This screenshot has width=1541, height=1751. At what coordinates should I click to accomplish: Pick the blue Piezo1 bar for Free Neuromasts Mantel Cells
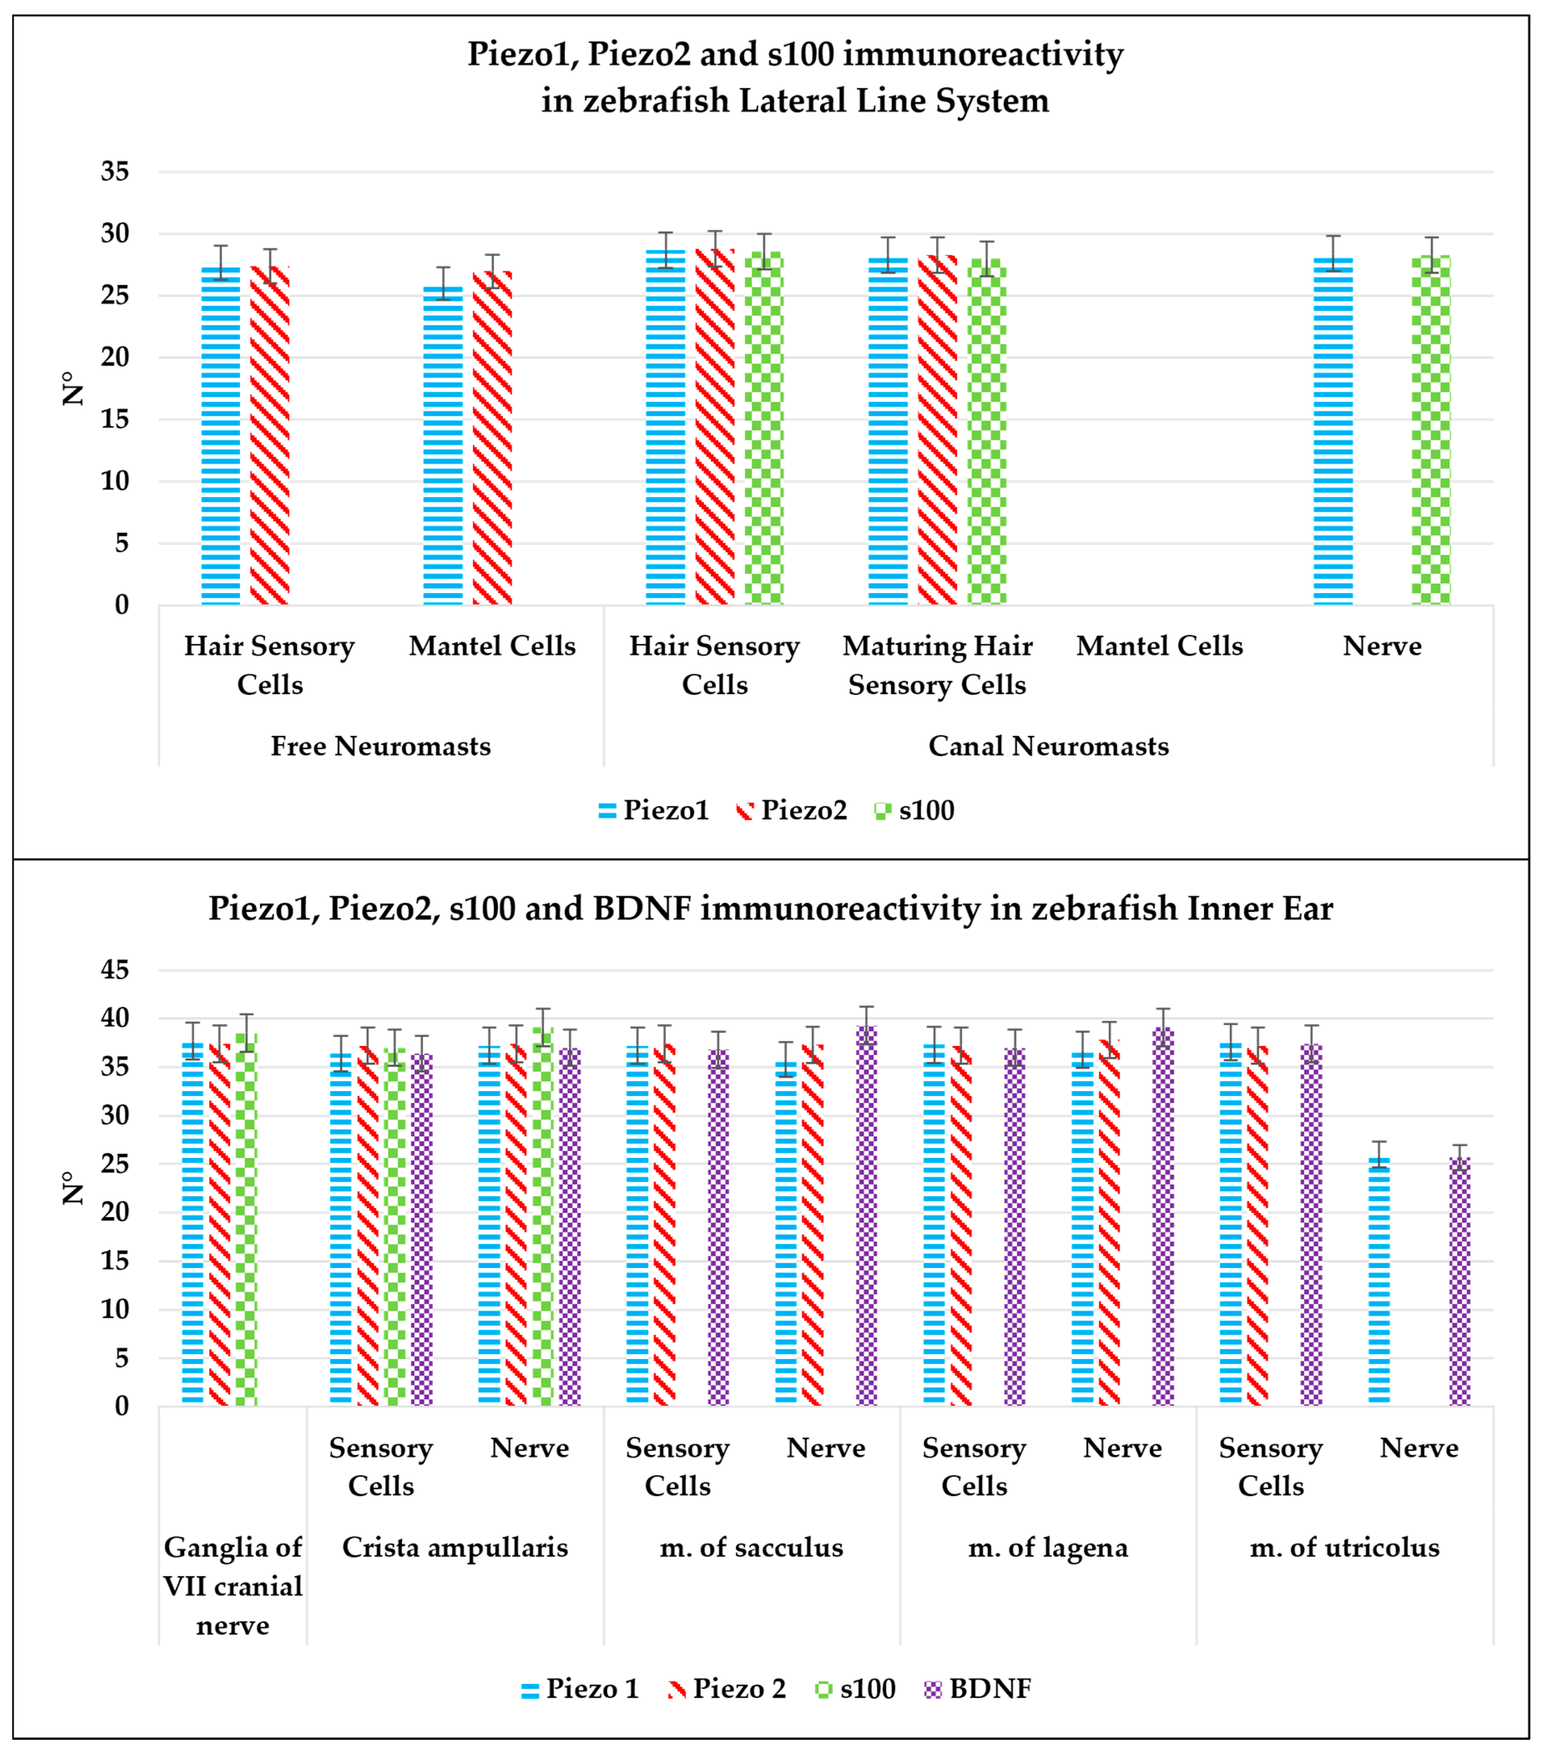443,445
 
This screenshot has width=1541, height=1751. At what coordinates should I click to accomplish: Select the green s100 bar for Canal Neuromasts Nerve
1430,428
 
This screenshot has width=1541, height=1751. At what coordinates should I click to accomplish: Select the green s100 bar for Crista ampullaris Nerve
543,1216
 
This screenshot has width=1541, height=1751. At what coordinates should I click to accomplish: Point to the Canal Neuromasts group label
1049,746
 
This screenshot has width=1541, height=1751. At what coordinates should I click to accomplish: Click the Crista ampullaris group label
455,1547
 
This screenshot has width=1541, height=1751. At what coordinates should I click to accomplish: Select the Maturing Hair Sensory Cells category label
937,665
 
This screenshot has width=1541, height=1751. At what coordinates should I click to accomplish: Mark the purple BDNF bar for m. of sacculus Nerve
867,1216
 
